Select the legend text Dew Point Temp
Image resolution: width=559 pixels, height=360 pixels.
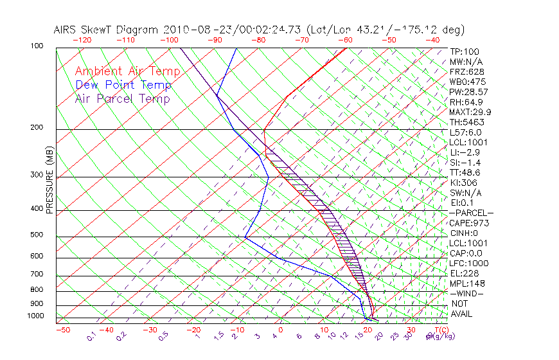click(x=123, y=85)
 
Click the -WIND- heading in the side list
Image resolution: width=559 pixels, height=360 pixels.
click(x=467, y=293)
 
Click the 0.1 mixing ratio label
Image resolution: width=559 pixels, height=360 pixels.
click(x=91, y=336)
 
